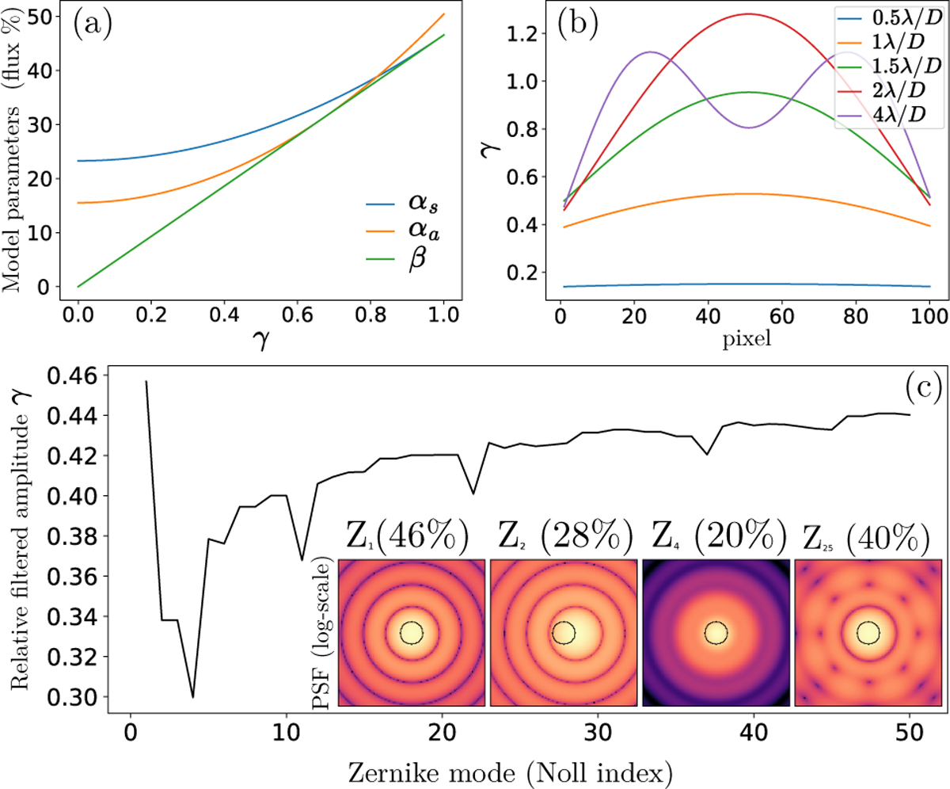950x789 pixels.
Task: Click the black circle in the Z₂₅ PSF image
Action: [868, 632]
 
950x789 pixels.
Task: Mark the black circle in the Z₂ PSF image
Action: [564, 632]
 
